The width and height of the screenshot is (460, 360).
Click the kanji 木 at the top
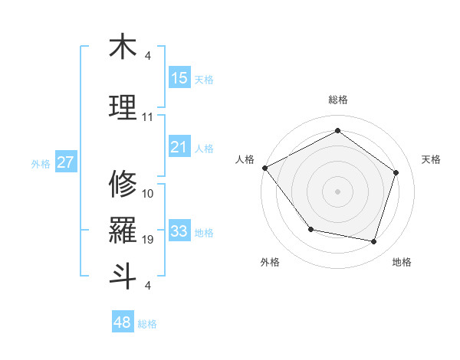coord(123,47)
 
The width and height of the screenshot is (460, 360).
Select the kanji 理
coord(123,107)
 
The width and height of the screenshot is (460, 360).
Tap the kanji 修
coord(123,184)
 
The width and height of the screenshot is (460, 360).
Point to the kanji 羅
coord(123,231)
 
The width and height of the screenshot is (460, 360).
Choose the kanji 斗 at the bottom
coord(123,276)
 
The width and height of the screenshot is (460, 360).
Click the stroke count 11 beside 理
coord(148,117)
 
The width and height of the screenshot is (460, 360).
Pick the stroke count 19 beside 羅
coord(148,240)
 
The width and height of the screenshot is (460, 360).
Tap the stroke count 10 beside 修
coord(148,194)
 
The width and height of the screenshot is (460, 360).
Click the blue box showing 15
coord(179,78)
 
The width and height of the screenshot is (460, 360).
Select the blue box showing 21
coord(179,147)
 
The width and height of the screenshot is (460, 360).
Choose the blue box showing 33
coord(179,231)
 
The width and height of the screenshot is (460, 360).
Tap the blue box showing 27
coord(66,162)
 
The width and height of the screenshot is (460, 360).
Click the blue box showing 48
coord(123,322)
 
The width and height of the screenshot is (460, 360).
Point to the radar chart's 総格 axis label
coord(337,100)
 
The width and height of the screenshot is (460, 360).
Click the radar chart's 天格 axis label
coord(432,159)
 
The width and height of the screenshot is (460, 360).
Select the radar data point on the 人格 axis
coord(264,168)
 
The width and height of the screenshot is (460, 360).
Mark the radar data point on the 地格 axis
coord(374,242)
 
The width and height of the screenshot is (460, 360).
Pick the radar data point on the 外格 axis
coord(310,229)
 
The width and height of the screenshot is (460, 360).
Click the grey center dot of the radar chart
coord(337,191)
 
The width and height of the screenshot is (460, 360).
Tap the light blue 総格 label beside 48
coord(147,324)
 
